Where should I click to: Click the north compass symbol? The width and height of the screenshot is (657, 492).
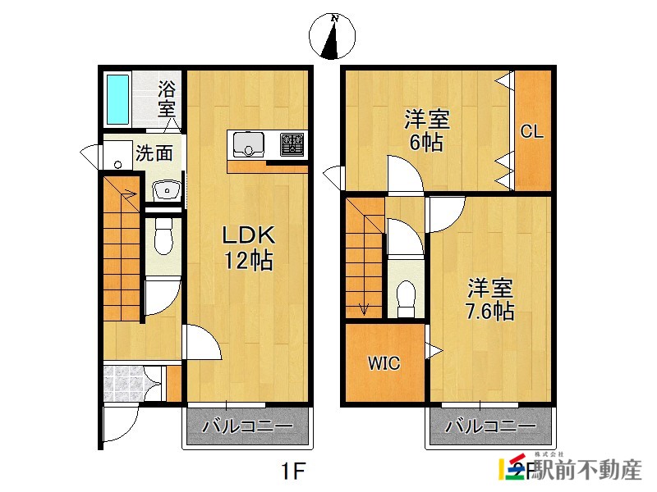click(332, 36)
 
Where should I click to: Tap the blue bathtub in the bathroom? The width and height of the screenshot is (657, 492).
click(117, 99)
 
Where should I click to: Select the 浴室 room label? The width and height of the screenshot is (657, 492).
click(167, 99)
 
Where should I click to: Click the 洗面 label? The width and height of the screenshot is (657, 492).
click(154, 153)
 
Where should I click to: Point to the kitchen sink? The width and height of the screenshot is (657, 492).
click(249, 144)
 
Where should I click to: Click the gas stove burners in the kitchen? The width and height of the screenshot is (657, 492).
click(292, 144)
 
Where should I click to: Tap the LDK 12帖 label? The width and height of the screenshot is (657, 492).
click(249, 248)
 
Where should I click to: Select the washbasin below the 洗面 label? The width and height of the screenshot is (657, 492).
click(167, 191)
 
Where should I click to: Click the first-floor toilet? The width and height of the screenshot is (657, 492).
click(163, 235)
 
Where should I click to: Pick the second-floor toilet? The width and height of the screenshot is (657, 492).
click(405, 298)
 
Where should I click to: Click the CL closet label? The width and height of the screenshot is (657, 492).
click(531, 131)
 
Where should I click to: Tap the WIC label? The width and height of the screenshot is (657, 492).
click(384, 363)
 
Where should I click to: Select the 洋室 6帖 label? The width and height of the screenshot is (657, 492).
click(426, 130)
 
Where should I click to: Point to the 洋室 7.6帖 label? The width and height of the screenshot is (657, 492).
click(490, 299)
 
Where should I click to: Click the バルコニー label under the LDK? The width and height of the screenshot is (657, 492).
click(247, 426)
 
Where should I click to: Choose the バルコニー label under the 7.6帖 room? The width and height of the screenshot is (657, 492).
click(490, 426)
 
